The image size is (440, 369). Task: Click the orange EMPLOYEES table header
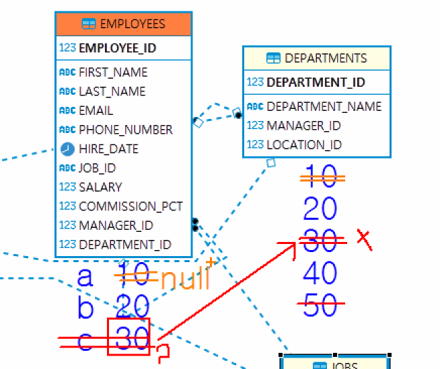point(124,24)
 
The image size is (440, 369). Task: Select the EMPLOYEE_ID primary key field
point(117,48)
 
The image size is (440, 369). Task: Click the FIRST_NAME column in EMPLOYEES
point(112,72)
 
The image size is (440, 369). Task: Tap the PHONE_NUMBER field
point(125,129)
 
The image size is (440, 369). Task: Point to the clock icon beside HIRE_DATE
point(67,149)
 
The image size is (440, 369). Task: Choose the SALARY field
point(100,187)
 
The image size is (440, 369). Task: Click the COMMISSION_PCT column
point(131,206)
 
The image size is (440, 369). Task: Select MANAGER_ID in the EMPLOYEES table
point(116,225)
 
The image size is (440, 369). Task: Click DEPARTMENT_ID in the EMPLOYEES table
point(124,245)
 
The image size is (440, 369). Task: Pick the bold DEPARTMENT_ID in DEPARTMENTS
point(316,83)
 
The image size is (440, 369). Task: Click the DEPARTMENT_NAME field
point(324,106)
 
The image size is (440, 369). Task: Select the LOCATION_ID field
point(304,145)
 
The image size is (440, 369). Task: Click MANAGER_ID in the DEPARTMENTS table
point(303,125)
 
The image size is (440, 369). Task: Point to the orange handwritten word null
point(185,278)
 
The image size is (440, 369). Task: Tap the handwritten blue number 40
point(320,273)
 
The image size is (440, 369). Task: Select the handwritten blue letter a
point(85,277)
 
